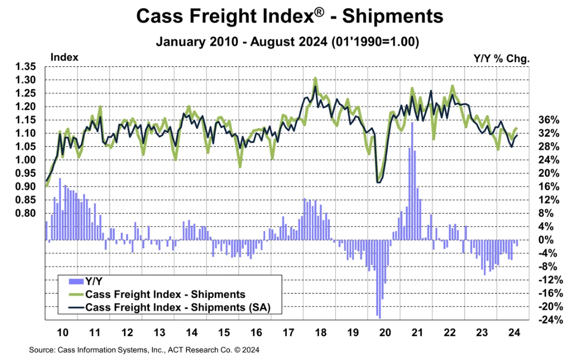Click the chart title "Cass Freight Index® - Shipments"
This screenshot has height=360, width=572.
(289, 16)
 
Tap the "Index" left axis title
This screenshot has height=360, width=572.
(64, 57)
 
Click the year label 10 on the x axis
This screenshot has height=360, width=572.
(62, 332)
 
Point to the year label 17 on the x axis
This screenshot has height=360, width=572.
(289, 332)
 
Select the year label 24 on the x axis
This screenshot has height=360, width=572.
(515, 332)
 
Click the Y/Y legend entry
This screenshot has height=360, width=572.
(85, 281)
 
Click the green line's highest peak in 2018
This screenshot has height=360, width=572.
(315, 78)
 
